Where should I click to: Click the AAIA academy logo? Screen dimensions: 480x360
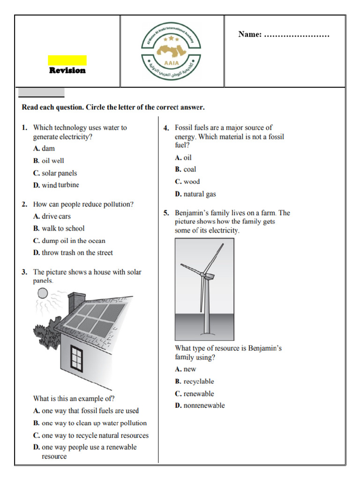[172, 51]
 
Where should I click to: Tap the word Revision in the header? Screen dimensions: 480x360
[67, 70]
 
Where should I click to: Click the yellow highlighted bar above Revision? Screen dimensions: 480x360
[67, 60]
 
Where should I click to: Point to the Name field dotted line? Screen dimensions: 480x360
[297, 35]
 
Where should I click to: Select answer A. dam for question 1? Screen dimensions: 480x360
[44, 149]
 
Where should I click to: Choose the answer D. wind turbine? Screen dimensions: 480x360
[56, 185]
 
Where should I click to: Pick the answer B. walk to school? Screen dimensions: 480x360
[59, 229]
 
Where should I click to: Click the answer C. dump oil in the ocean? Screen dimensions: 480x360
[69, 241]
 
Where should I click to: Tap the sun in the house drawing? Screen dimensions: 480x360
[43, 294]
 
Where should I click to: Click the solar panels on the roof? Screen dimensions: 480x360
[96, 320]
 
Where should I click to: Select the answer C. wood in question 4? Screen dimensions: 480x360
[187, 182]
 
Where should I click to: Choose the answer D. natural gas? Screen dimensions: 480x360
[195, 194]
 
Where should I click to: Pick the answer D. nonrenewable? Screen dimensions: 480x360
[200, 405]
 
